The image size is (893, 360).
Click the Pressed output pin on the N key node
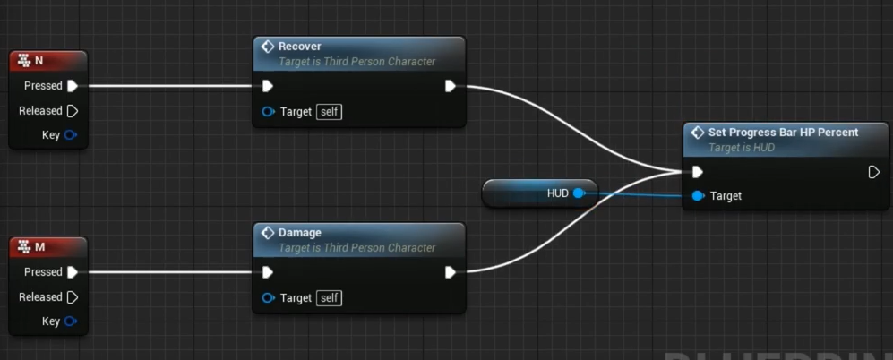pos(72,86)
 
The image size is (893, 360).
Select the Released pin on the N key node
pos(72,111)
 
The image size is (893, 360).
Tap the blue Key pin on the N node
pos(71,135)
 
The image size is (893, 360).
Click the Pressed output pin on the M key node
pos(72,272)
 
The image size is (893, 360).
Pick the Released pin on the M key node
pos(72,297)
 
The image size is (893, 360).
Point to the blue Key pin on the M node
pos(71,321)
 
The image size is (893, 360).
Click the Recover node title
pos(300,47)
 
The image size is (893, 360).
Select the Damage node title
pos(300,233)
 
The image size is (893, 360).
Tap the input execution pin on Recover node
pos(267,86)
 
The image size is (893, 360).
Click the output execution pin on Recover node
pos(451,86)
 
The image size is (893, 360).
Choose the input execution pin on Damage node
pos(267,272)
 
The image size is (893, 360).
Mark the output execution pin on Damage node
pos(451,272)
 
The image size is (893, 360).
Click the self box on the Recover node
pos(330,112)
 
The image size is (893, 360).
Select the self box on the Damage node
pos(330,298)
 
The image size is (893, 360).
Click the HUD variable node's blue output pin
pos(579,193)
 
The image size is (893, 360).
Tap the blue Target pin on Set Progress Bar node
pos(698,195)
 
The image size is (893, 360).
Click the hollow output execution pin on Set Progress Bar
pos(873,172)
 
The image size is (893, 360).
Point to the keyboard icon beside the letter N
pos(23,61)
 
